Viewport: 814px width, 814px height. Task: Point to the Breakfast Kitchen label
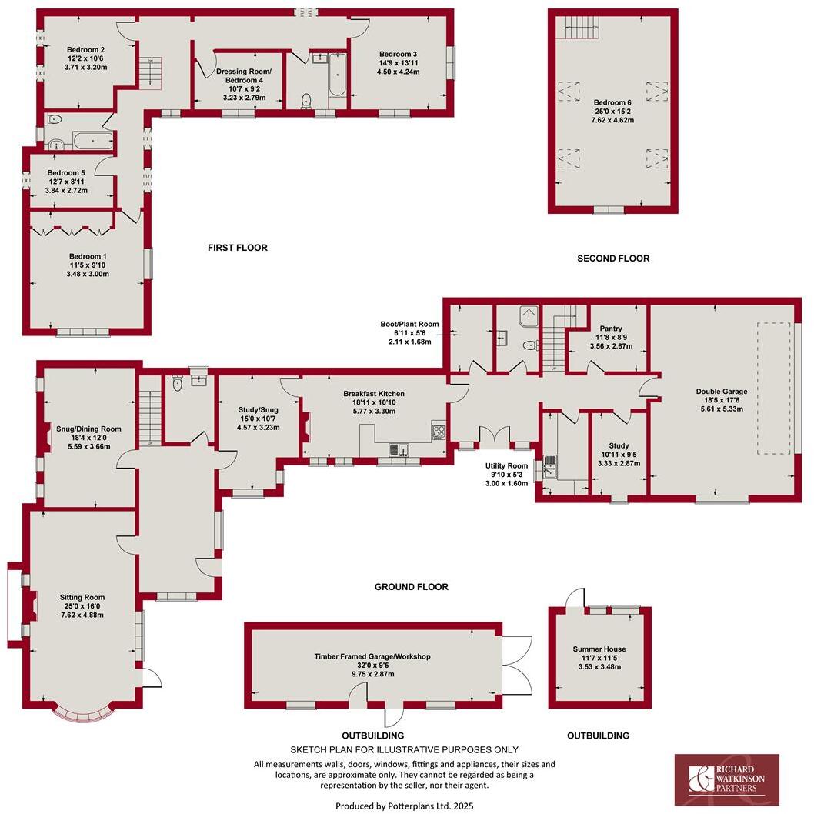click(x=373, y=393)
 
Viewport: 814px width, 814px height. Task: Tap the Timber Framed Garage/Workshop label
click(x=372, y=656)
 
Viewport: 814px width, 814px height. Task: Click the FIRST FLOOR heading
click(x=237, y=248)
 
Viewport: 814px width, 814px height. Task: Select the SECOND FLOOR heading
click(x=613, y=259)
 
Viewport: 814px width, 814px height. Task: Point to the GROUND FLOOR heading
click(x=411, y=587)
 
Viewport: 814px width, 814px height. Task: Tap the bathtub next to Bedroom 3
click(x=337, y=75)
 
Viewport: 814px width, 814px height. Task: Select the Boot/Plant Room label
click(x=409, y=324)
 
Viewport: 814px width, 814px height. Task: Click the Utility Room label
click(x=506, y=465)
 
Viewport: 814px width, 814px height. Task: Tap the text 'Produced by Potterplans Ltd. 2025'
click(x=404, y=806)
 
